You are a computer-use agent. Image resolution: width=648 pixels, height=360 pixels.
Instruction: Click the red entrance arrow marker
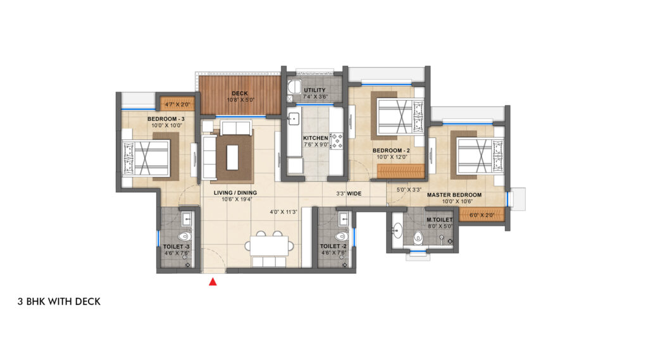point(213,282)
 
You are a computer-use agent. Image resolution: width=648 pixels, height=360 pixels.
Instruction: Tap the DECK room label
point(239,93)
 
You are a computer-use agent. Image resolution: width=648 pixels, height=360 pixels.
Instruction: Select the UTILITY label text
point(315,90)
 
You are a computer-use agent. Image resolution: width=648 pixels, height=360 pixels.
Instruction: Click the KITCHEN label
point(315,138)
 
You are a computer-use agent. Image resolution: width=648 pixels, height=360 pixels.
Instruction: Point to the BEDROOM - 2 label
point(389,151)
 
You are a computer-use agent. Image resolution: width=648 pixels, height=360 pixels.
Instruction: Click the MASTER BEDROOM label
point(454,195)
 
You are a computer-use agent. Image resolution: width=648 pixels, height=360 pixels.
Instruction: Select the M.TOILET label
point(439,220)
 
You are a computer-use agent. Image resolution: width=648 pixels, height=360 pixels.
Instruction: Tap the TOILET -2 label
point(333,245)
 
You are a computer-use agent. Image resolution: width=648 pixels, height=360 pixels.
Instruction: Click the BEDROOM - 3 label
point(166,119)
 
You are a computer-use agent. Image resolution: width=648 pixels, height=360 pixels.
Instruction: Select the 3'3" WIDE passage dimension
point(348,194)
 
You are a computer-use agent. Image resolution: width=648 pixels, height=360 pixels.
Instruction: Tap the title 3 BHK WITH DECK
point(59,302)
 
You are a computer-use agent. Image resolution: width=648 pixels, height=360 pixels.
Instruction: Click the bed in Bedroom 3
point(148,158)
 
